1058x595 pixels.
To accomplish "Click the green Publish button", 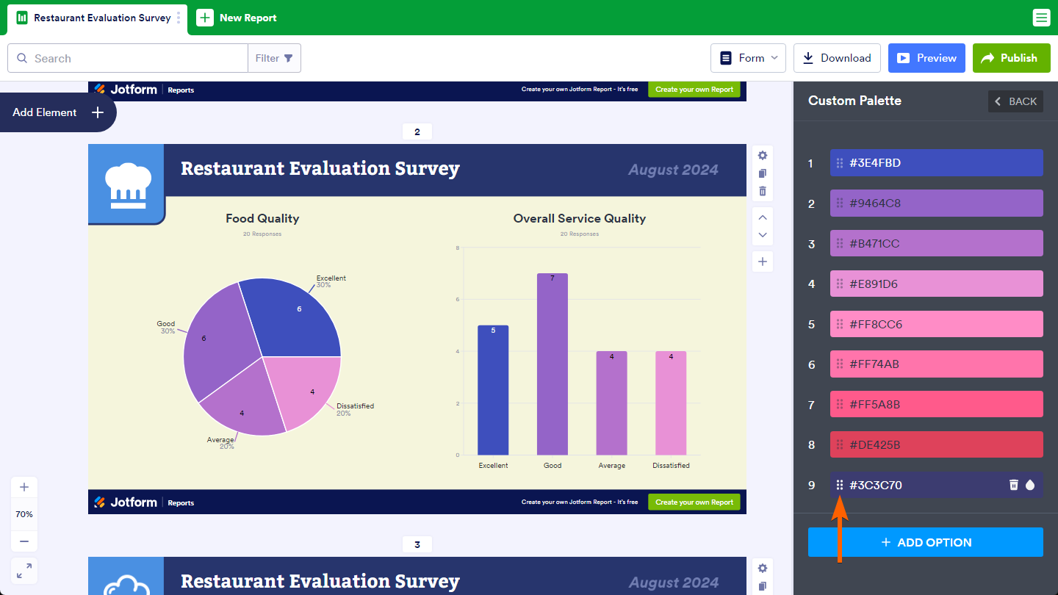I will pyautogui.click(x=1010, y=58).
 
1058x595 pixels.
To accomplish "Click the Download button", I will pyautogui.click(x=837, y=58).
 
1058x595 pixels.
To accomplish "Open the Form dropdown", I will pyautogui.click(x=748, y=58).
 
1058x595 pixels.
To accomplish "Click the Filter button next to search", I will pyautogui.click(x=274, y=58).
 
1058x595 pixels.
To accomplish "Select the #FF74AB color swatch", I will pyautogui.click(x=936, y=364).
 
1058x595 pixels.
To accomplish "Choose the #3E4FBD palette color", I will pyautogui.click(x=936, y=163).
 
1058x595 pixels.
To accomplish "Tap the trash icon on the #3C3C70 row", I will pyautogui.click(x=1014, y=485).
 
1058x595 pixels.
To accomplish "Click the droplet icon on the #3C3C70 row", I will pyautogui.click(x=1030, y=485).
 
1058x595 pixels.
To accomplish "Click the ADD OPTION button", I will pyautogui.click(x=926, y=542).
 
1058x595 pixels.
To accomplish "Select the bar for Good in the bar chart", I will pyautogui.click(x=553, y=367).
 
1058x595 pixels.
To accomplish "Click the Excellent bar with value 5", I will pyautogui.click(x=493, y=393).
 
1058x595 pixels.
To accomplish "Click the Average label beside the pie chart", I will pyautogui.click(x=220, y=440).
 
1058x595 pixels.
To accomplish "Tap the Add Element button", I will pyautogui.click(x=57, y=112).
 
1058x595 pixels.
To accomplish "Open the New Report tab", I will pyautogui.click(x=237, y=18).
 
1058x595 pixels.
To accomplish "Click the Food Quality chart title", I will pyautogui.click(x=262, y=218).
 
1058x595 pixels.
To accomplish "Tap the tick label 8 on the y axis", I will pyautogui.click(x=458, y=248).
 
